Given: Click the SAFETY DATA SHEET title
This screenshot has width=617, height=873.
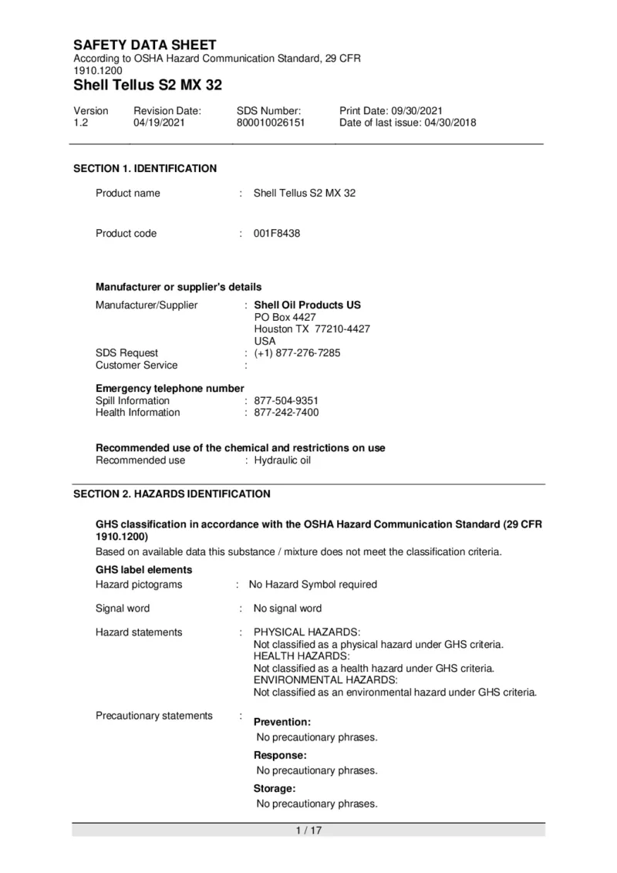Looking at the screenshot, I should (144, 46).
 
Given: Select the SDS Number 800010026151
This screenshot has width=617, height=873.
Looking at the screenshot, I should (271, 123).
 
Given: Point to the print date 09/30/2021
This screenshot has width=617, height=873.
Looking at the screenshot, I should (416, 111).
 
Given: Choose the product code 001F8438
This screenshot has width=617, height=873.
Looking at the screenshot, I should (277, 234).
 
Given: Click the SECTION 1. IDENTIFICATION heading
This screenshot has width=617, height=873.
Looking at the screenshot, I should (145, 169).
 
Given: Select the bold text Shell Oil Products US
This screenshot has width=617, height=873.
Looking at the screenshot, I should (307, 305).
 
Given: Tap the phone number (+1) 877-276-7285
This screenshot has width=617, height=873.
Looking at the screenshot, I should (297, 353).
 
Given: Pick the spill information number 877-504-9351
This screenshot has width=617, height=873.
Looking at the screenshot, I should (286, 401).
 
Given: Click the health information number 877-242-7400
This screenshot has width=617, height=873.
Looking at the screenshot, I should (286, 413).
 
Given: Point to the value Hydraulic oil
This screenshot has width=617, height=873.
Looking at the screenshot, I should (282, 460).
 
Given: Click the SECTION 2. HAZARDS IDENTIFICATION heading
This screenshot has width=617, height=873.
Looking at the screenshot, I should (172, 494).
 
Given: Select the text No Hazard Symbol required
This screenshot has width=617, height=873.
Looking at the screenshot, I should (312, 585).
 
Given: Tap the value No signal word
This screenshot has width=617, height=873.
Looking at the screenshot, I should (288, 608).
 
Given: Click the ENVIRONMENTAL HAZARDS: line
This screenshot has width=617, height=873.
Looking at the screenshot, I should (325, 680).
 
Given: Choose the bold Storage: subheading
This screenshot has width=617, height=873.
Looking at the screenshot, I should (275, 789).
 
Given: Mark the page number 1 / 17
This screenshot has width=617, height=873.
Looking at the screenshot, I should (308, 831).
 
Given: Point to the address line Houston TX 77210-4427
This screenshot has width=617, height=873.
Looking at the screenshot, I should (312, 329).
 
